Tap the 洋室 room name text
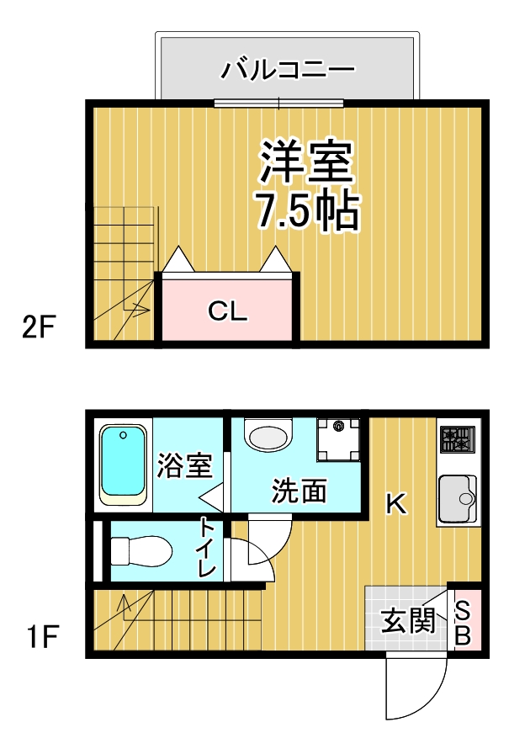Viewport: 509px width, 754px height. [x=305, y=162]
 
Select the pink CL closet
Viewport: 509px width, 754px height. [x=227, y=312]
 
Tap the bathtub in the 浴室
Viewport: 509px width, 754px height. [x=123, y=465]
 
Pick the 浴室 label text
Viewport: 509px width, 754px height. [x=183, y=465]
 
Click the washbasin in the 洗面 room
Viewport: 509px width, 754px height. [x=268, y=437]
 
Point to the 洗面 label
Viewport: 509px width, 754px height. [x=299, y=491]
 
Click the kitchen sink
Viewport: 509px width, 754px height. [x=457, y=499]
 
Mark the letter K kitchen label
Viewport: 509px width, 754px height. [x=395, y=504]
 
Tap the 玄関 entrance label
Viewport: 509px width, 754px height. [x=408, y=621]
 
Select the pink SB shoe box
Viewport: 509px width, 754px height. [x=464, y=621]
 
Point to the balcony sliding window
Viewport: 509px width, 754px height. [x=278, y=104]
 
